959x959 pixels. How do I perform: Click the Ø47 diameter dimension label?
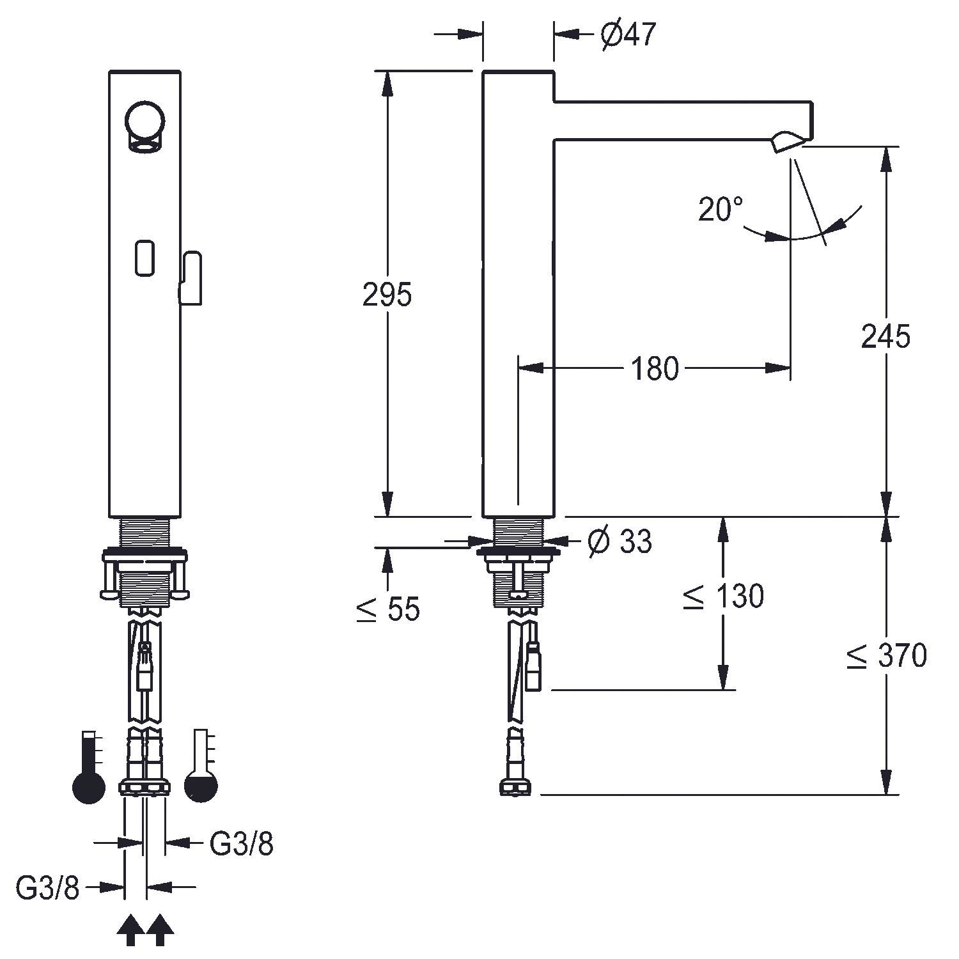pyautogui.click(x=628, y=35)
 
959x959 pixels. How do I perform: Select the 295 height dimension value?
pyautogui.click(x=387, y=295)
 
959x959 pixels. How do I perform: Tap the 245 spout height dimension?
pyautogui.click(x=885, y=336)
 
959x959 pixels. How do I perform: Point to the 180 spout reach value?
pyautogui.click(x=655, y=369)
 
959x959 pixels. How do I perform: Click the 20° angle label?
pyautogui.click(x=721, y=209)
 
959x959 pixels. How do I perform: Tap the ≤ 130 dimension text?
pyautogui.click(x=723, y=596)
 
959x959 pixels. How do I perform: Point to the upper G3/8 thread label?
pyautogui.click(x=242, y=845)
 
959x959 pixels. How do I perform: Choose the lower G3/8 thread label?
pyautogui.click(x=48, y=888)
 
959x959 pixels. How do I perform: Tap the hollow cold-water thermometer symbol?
pyautogui.click(x=201, y=767)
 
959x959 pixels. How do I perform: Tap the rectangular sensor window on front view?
pyautogui.click(x=145, y=258)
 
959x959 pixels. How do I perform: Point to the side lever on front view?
pyautogui.click(x=190, y=278)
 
